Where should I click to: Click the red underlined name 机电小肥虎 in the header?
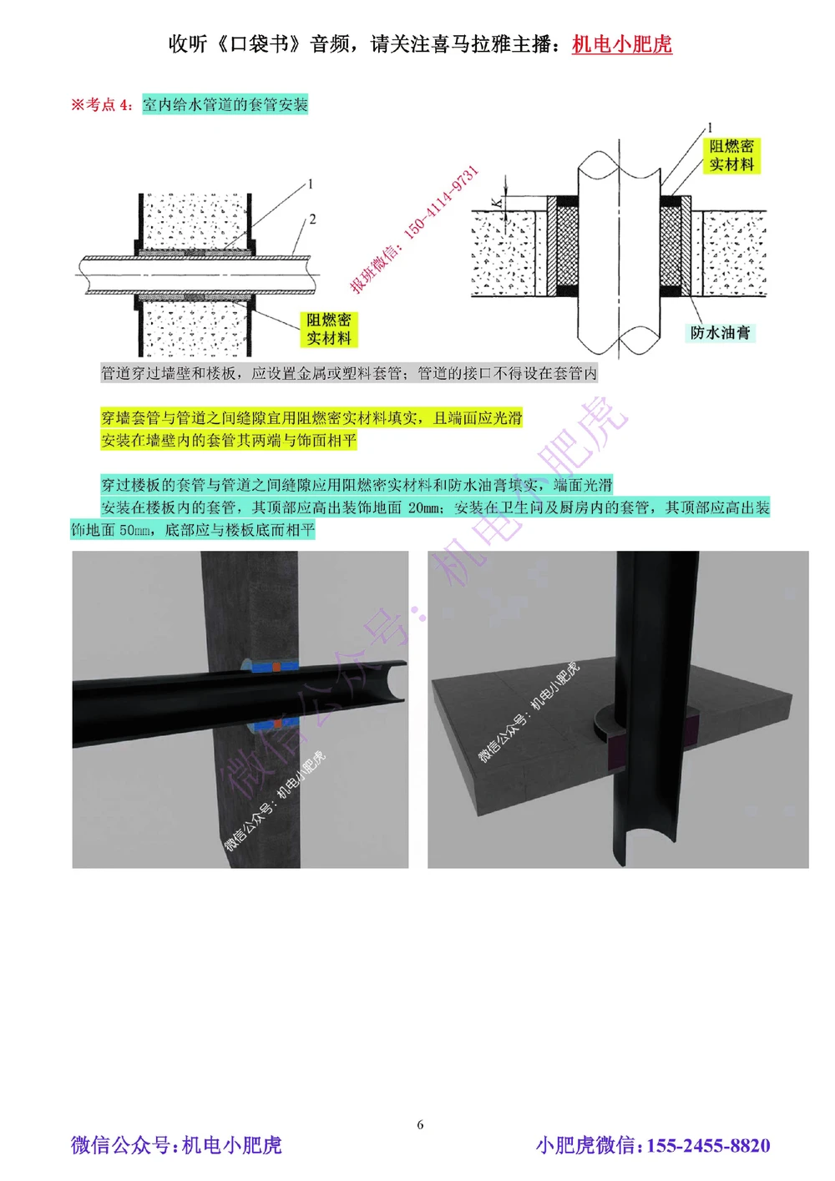tap(621, 44)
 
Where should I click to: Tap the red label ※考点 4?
tap(101, 104)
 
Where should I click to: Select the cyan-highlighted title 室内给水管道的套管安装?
tap(225, 104)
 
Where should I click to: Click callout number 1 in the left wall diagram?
tap(311, 184)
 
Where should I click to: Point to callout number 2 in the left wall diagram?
tap(312, 220)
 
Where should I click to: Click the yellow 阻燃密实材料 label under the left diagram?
tap(328, 329)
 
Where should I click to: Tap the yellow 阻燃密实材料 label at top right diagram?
tap(731, 155)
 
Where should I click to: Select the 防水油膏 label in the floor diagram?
tap(720, 332)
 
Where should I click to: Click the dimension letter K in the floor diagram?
tap(497, 203)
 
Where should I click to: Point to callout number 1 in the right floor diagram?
tap(710, 128)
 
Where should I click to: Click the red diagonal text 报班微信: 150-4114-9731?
tap(415, 229)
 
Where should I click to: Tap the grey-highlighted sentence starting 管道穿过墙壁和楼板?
tap(349, 373)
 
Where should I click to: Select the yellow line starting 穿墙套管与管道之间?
tap(311, 417)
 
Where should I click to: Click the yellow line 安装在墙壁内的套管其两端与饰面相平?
tap(228, 440)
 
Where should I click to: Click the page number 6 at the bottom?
tap(420, 1124)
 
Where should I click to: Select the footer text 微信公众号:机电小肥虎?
tap(176, 1145)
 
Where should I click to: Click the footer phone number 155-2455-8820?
tap(708, 1145)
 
